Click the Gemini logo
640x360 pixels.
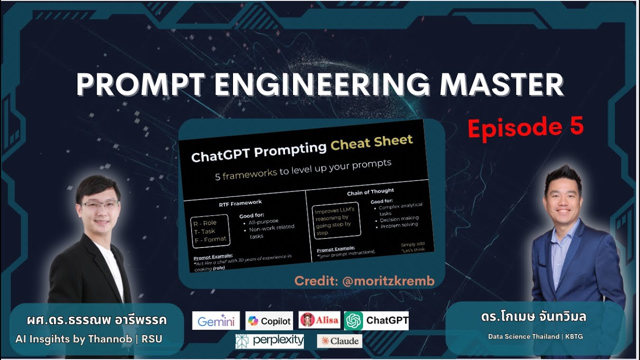click(x=216, y=320)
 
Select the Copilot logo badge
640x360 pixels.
click(x=269, y=320)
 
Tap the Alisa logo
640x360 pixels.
click(x=319, y=320)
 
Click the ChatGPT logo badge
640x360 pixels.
click(x=376, y=320)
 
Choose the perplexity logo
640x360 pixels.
click(x=270, y=341)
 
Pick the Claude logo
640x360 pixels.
click(x=339, y=341)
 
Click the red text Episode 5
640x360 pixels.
click(x=525, y=127)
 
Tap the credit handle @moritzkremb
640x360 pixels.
click(x=388, y=281)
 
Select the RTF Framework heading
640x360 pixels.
click(x=240, y=202)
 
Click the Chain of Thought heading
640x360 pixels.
click(x=370, y=191)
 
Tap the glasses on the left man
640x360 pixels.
click(x=100, y=205)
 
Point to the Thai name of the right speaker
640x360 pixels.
click(x=533, y=317)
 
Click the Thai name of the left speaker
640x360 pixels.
click(x=97, y=320)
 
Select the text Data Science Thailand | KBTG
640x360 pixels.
click(x=535, y=336)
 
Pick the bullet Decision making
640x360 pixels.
click(x=399, y=219)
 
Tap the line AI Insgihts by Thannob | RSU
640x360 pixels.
click(x=89, y=339)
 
